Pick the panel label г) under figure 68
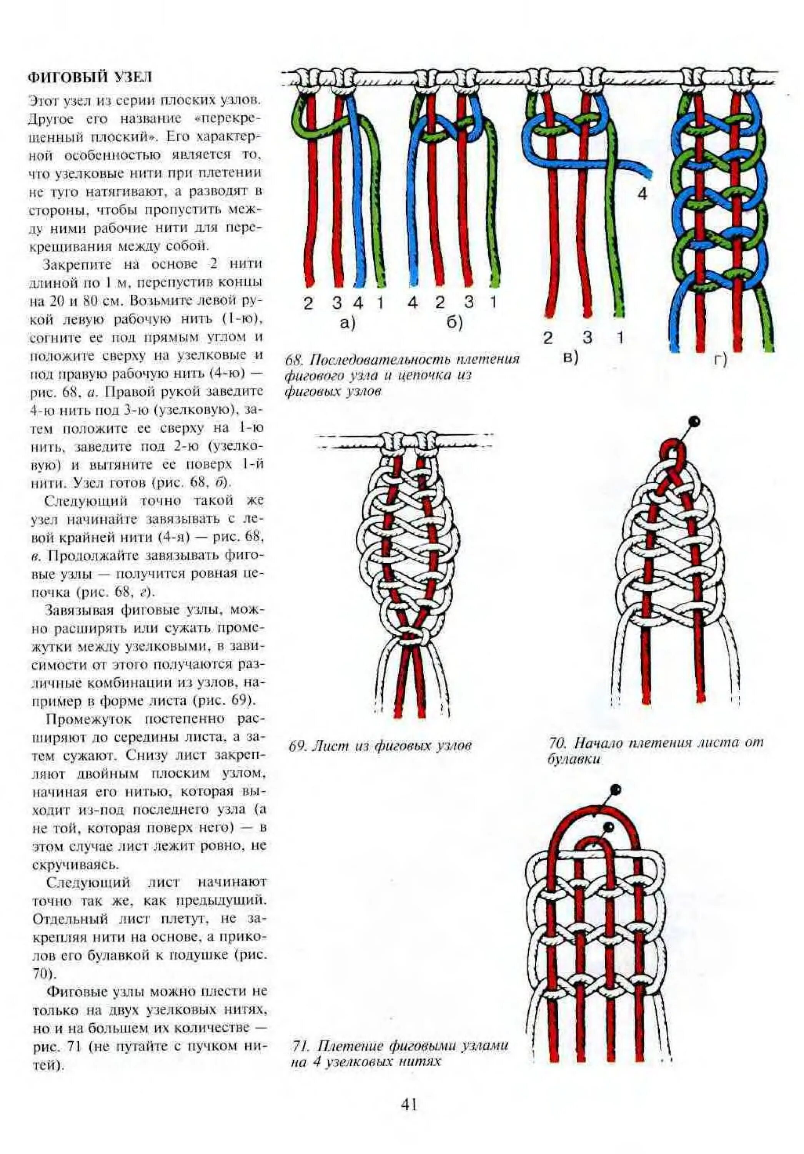pos(721,360)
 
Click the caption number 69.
pos(295,746)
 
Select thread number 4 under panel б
pos(413,303)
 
